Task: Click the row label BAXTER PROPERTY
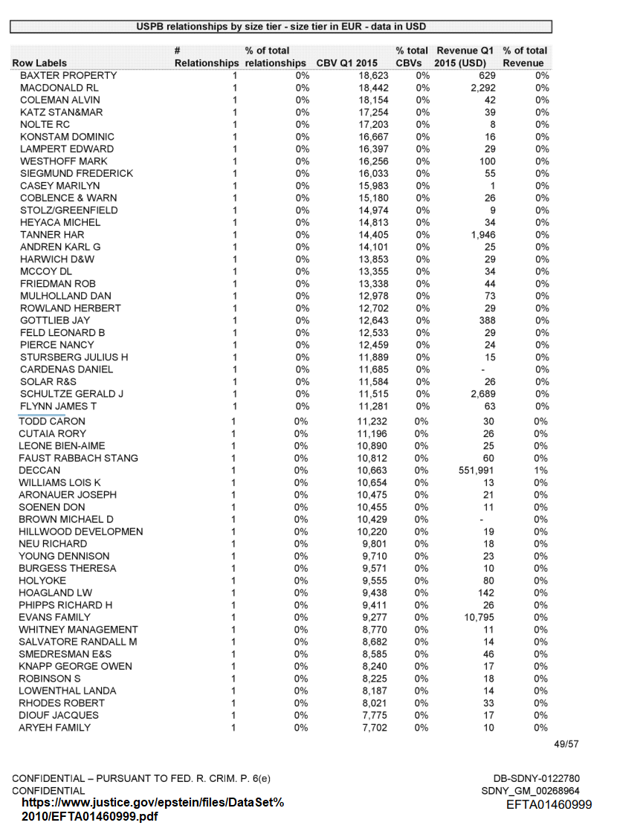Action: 68,76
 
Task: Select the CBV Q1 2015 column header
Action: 347,63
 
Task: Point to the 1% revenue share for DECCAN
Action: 541,471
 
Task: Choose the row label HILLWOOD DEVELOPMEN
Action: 81,531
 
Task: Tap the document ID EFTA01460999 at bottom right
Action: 549,805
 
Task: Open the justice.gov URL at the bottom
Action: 152,810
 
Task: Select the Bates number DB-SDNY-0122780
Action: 537,778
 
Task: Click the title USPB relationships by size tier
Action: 281,27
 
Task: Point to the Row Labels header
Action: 39,63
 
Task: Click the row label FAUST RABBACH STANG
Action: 78,458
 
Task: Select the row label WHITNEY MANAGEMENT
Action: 78,630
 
